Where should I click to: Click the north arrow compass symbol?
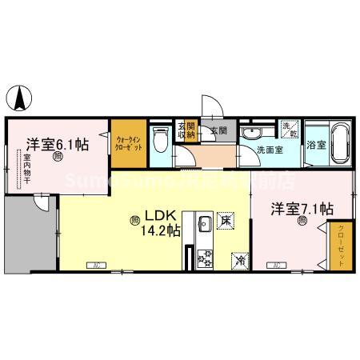point(19,99)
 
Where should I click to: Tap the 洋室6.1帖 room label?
point(57,145)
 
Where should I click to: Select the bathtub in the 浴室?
point(338,144)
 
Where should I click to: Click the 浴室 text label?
point(315,146)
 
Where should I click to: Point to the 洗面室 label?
point(270,150)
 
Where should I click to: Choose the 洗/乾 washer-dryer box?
point(289,128)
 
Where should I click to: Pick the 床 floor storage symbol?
point(226,220)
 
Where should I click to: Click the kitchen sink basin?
point(202,222)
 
